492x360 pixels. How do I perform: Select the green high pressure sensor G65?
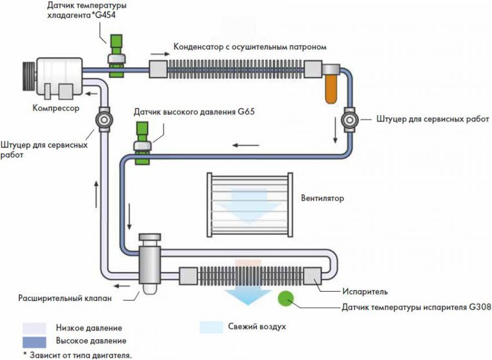(x=142, y=142)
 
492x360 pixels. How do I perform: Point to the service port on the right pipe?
(x=350, y=119)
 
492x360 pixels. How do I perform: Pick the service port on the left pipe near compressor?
(x=104, y=120)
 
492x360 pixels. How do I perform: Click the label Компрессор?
(x=55, y=108)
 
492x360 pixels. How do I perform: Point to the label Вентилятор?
(x=322, y=198)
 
